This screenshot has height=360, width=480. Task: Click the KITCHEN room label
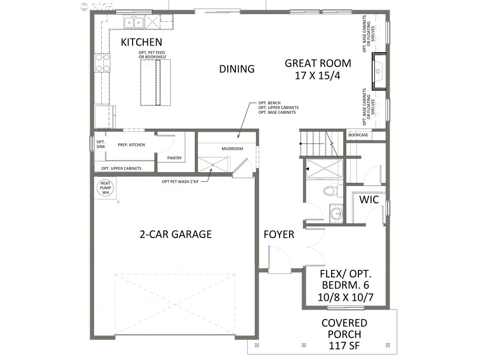pos(141,42)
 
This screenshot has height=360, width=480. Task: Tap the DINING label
pos(236,69)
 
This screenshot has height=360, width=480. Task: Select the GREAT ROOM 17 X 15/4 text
pos(317,69)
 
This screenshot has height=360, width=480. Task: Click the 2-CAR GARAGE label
pos(176,234)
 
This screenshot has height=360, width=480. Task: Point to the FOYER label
pos(278,235)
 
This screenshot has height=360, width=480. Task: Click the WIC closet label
pos(369,199)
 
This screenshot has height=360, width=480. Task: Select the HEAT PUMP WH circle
pos(105,187)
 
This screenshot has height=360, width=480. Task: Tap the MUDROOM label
pos(232,149)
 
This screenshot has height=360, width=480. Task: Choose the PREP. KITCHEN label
pos(131,145)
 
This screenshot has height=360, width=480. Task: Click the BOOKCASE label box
pos(358,135)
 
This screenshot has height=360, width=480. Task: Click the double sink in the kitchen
pos(135,22)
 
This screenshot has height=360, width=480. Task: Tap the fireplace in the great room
pos(379,71)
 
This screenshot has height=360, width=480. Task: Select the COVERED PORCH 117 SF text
pos(344,334)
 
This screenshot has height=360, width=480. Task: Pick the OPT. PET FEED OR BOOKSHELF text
pos(152,55)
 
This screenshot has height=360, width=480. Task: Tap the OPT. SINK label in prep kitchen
pos(100,144)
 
